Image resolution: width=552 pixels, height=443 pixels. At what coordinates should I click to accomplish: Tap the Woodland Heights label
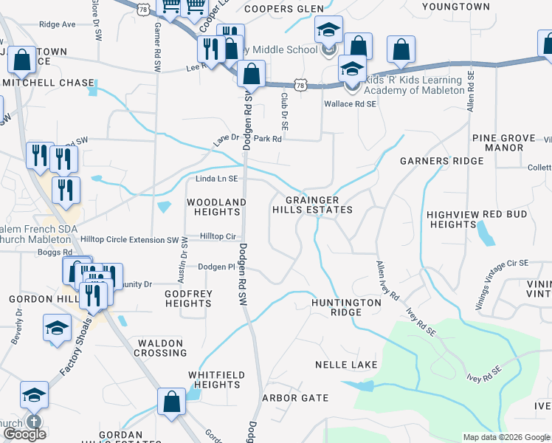pos(215,207)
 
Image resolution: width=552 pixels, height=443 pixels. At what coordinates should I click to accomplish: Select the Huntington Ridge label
pos(346,307)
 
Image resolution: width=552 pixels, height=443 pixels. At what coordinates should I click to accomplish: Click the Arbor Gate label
pos(295,398)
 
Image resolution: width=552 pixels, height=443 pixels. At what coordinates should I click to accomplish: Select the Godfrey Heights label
pos(188,298)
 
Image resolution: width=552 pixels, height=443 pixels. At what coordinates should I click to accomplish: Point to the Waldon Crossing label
pos(159,348)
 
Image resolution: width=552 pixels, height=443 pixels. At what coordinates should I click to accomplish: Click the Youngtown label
pos(455,7)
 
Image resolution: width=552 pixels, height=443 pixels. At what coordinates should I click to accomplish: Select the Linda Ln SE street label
pos(217,179)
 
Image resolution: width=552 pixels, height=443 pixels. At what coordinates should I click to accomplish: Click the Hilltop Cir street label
pos(220,236)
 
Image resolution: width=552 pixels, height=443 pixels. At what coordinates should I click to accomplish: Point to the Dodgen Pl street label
pos(215,267)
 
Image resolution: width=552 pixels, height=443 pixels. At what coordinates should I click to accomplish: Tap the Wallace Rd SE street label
pos(351,104)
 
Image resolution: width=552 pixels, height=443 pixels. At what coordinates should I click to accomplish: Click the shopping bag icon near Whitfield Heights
pos(171,403)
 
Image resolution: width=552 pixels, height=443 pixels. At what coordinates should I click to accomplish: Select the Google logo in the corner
pos(24,434)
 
